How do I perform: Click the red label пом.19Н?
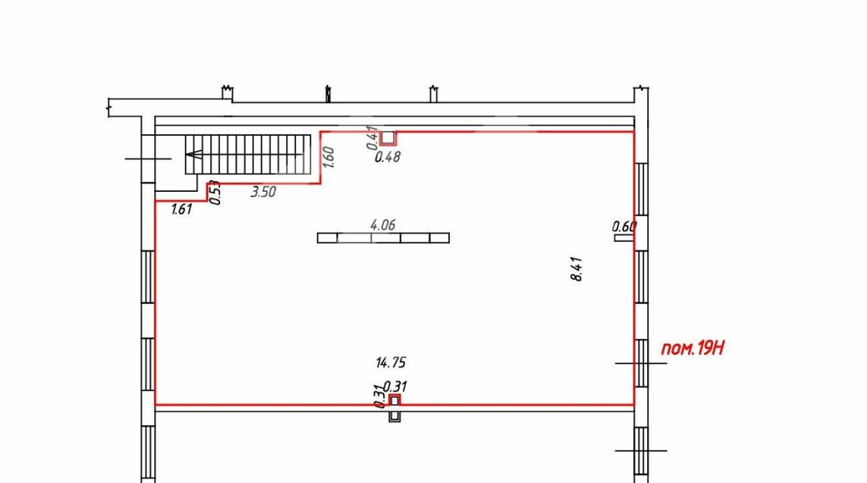[x=693, y=348]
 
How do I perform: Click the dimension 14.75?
[x=391, y=362]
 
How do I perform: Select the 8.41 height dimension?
[x=576, y=269]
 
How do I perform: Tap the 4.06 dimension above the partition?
[x=382, y=225]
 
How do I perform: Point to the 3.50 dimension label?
[x=263, y=192]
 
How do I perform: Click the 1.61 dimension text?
[x=181, y=209]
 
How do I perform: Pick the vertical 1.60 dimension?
[x=328, y=157]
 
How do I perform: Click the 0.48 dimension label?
[x=387, y=157]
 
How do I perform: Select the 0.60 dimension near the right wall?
[x=624, y=226]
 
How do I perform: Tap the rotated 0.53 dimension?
[x=216, y=193]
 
